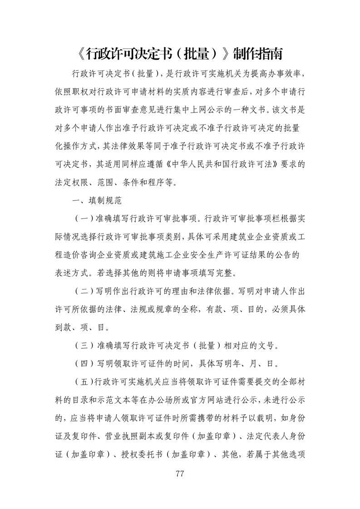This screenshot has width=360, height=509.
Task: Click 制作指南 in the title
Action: coord(257,54)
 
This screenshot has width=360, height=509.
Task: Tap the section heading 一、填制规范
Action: coord(91,199)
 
